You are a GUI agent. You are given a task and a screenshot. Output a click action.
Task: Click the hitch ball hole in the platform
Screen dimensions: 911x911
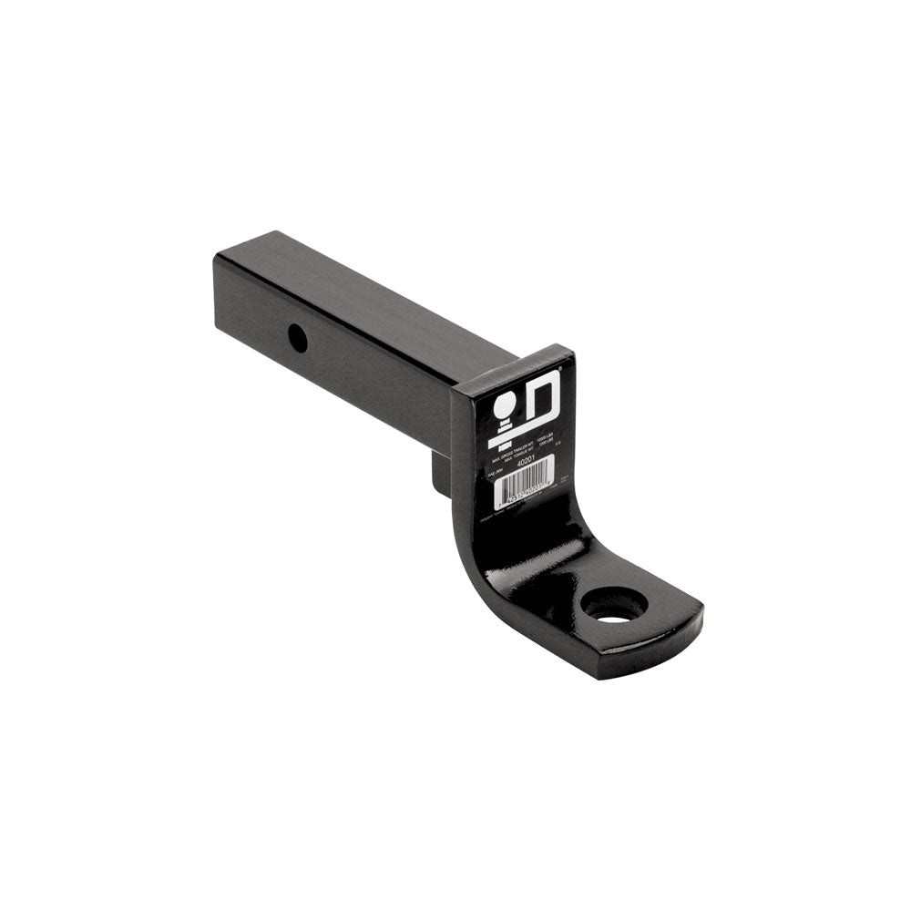[x=614, y=605]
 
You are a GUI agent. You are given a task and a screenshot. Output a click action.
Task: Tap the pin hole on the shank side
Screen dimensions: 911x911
[x=297, y=339]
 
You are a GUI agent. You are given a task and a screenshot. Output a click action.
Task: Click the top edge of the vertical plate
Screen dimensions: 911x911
[x=510, y=363]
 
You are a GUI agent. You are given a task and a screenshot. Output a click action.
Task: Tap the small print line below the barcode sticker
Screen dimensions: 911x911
[x=510, y=519]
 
